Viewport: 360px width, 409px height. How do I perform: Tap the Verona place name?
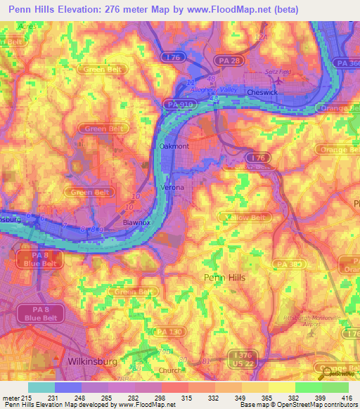point(173,188)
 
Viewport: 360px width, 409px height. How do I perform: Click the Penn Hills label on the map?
point(224,278)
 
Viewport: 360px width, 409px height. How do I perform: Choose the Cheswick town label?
point(263,92)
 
